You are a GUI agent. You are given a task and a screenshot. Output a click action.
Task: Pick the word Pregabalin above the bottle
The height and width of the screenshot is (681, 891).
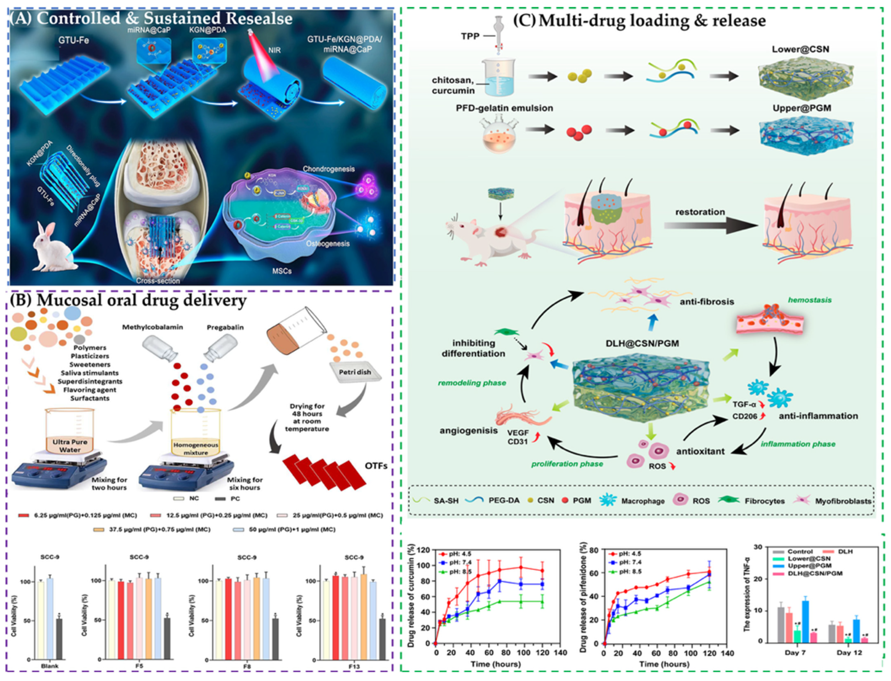(x=225, y=327)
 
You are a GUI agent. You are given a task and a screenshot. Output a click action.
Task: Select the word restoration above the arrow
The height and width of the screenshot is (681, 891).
(x=700, y=212)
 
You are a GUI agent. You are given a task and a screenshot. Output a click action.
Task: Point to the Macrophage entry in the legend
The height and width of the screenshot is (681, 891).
(x=643, y=501)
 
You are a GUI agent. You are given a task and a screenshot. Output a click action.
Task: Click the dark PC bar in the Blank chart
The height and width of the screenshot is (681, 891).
(x=59, y=638)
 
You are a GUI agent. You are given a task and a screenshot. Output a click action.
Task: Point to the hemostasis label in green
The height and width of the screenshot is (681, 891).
(x=810, y=300)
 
